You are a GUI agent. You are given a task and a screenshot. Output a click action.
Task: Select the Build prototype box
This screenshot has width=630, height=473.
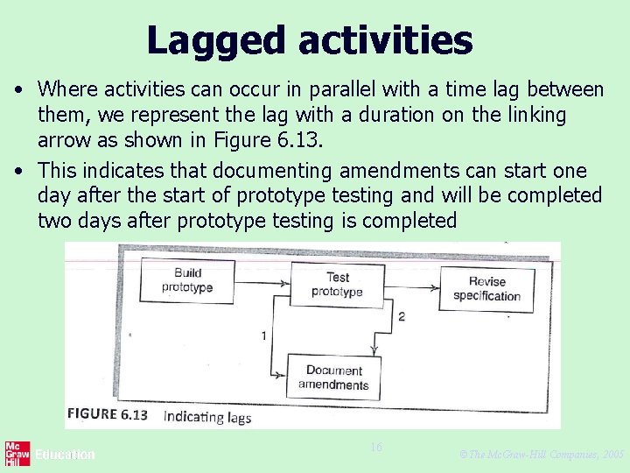[187, 281]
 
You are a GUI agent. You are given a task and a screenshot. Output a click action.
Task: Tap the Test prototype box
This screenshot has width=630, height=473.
[337, 284]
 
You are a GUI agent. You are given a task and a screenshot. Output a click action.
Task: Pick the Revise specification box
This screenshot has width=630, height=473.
[486, 288]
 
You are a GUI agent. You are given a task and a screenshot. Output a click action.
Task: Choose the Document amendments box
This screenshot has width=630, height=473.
[333, 378]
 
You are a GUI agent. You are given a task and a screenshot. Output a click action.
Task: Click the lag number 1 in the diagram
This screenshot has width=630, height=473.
[263, 335]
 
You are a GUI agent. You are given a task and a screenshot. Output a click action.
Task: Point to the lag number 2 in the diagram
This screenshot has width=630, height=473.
[401, 315]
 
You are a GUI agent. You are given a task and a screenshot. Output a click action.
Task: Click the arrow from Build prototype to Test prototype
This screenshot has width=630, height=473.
[262, 282]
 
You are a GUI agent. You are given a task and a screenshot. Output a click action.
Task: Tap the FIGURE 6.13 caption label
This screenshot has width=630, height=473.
[107, 415]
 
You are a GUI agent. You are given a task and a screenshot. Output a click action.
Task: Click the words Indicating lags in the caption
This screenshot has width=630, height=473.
[207, 417]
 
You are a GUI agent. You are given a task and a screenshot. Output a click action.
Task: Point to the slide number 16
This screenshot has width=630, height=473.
[376, 448]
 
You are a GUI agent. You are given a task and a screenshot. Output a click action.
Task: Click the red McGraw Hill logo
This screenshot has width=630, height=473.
[17, 454]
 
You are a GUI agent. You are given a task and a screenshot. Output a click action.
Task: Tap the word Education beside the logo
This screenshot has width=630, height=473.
[65, 455]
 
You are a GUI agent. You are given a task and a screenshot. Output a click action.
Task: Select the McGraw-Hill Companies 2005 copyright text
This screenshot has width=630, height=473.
[541, 455]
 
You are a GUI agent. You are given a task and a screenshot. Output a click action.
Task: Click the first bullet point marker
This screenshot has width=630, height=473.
[17, 89]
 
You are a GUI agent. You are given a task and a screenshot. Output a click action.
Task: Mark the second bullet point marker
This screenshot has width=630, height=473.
[17, 170]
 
